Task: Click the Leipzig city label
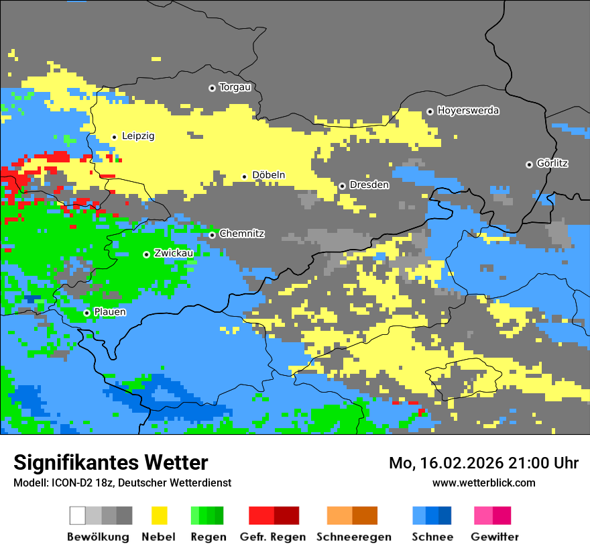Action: coord(138,136)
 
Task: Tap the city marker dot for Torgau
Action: coord(212,88)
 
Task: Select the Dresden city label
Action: coord(369,185)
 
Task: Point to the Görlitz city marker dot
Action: coord(529,164)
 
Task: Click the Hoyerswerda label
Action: coord(468,111)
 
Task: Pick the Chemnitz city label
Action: coord(241,234)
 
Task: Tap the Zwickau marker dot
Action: coord(146,254)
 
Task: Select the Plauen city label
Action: coord(110,312)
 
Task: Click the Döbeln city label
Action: coord(268,176)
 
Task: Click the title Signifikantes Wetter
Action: coord(111,462)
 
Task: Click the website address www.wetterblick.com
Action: coord(483,483)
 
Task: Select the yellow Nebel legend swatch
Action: coord(159,515)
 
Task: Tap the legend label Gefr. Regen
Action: coord(273,537)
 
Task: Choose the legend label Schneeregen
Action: coord(353,537)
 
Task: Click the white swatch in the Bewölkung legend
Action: coord(77,515)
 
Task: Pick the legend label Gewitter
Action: coord(494,537)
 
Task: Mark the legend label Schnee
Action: coord(432,537)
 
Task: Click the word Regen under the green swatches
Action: coord(208,537)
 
